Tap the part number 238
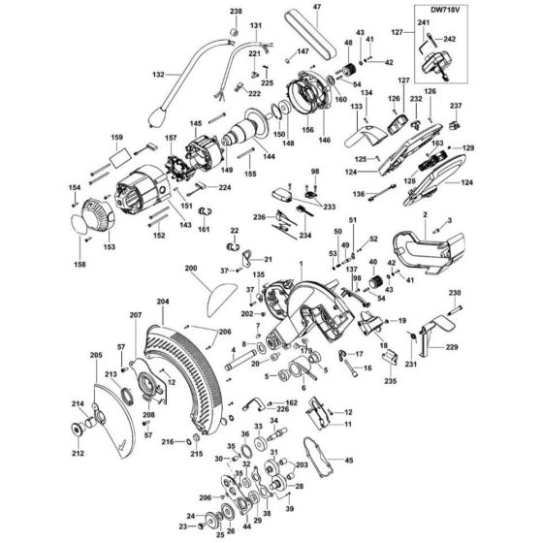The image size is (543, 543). click(x=234, y=12)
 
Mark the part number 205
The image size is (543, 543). click(x=95, y=356)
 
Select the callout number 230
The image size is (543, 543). click(x=455, y=293)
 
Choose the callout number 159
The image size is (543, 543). click(x=117, y=137)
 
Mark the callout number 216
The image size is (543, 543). click(x=166, y=442)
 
